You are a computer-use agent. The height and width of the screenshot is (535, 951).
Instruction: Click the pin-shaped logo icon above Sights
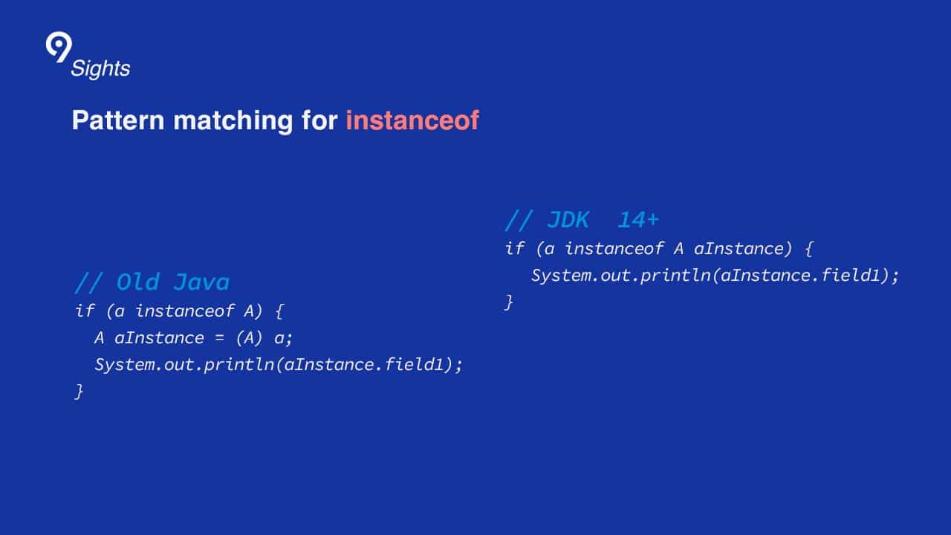pyautogui.click(x=59, y=46)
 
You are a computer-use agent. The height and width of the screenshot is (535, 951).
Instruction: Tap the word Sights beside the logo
pyautogui.click(x=100, y=69)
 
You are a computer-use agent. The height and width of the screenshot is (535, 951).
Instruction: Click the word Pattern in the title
pyautogui.click(x=118, y=120)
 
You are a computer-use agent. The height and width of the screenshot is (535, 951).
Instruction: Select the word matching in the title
pyautogui.click(x=233, y=121)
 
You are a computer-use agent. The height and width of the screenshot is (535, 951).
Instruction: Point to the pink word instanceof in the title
pyautogui.click(x=412, y=120)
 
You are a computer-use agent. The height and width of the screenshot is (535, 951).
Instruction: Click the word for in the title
pyautogui.click(x=319, y=120)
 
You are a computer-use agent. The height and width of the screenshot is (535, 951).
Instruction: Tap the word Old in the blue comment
pyautogui.click(x=138, y=282)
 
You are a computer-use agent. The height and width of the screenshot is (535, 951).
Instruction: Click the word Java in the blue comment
pyautogui.click(x=201, y=282)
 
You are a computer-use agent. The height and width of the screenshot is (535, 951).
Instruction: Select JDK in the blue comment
pyautogui.click(x=568, y=220)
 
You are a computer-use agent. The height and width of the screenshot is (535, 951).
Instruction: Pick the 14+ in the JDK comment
pyautogui.click(x=638, y=220)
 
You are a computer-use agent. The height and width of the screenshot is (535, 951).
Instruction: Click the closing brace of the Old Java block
pyautogui.click(x=79, y=392)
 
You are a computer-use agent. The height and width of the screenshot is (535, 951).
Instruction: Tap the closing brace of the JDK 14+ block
pyautogui.click(x=509, y=302)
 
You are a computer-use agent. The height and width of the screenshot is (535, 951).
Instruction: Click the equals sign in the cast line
pyautogui.click(x=219, y=338)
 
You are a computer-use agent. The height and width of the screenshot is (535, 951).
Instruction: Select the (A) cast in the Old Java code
pyautogui.click(x=249, y=338)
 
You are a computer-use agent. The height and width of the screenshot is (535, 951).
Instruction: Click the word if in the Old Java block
pyautogui.click(x=85, y=311)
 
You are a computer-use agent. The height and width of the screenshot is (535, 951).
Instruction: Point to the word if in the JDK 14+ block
pyautogui.click(x=515, y=248)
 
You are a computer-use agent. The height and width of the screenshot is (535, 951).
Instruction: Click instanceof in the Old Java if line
pyautogui.click(x=185, y=311)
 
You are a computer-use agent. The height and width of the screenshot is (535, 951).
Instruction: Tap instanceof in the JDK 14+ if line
pyautogui.click(x=614, y=248)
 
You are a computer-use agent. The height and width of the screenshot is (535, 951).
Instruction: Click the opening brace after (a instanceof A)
pyautogui.click(x=279, y=311)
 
